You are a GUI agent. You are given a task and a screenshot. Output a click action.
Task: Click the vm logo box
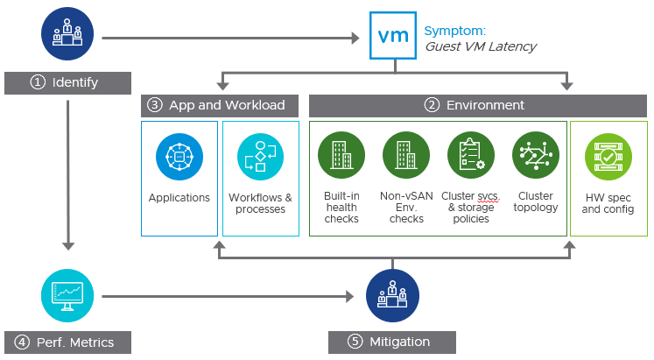tap(391, 36)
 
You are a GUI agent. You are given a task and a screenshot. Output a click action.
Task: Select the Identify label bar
tap(67, 82)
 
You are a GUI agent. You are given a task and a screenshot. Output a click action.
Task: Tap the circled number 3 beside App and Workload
tap(155, 105)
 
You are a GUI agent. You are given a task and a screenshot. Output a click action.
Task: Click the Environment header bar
tap(478, 105)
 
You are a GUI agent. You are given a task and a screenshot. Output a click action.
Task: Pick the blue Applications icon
tap(179, 158)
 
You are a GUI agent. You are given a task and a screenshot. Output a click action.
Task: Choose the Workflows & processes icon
tap(260, 158)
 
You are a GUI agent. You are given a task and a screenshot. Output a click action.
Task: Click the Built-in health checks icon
tap(341, 155)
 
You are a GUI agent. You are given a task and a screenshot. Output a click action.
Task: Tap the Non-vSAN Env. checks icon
tap(405, 155)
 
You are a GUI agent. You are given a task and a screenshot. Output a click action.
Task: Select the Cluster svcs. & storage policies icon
tap(470, 155)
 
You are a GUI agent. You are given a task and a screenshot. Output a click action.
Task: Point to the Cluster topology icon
tap(535, 155)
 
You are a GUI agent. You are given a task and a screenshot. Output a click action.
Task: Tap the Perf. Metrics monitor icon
tap(67, 295)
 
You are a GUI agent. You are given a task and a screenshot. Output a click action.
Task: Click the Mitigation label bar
tap(391, 342)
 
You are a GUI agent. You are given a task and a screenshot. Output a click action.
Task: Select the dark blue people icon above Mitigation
tap(391, 294)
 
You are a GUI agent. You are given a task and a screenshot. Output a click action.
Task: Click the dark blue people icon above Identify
tap(67, 32)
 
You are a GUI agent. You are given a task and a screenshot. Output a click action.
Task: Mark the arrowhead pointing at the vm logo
tap(355, 38)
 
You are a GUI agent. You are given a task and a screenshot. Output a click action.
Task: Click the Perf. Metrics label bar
tap(67, 342)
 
